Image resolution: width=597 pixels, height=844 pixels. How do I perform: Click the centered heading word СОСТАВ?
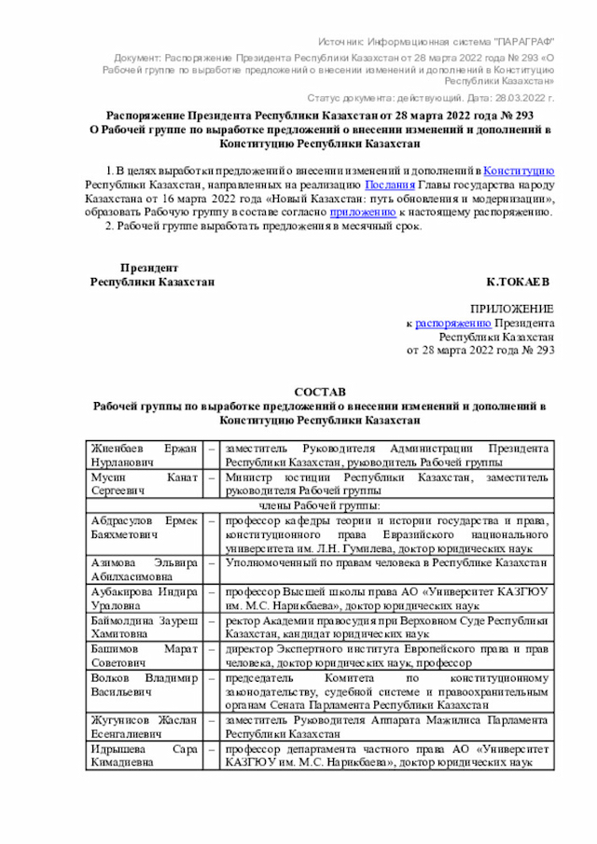319,393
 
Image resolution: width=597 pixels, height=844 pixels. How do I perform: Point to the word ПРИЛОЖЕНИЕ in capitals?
512,309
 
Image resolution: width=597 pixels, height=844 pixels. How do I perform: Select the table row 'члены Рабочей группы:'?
319,505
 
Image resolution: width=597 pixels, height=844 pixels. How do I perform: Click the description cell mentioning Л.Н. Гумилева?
386,533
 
